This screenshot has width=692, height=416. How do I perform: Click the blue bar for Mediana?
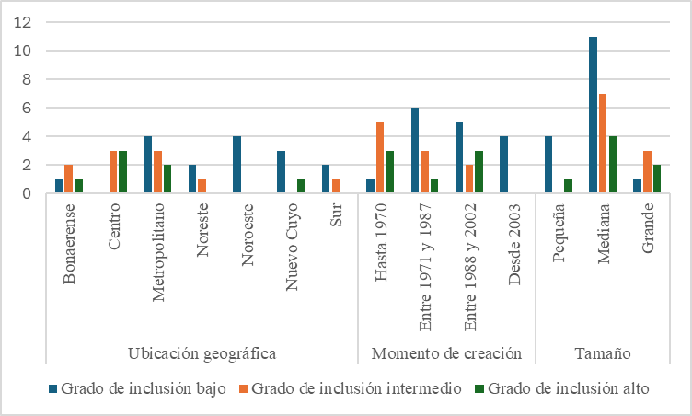(594, 115)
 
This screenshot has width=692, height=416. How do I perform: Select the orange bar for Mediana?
(603, 144)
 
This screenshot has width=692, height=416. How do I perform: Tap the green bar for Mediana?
(611, 165)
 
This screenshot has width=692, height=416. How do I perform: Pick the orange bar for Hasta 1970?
(379, 158)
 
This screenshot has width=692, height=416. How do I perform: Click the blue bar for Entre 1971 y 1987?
(415, 151)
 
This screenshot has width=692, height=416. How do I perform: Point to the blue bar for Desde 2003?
(504, 165)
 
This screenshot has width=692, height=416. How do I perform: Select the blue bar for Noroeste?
(236, 165)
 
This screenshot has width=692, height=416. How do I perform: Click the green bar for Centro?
(121, 172)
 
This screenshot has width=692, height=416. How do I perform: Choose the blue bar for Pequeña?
(548, 165)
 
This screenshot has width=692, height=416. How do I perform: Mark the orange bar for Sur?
(334, 187)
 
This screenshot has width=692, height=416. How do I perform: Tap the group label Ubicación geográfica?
(202, 353)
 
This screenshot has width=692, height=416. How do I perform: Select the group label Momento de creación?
(446, 353)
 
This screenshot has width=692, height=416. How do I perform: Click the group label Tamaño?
(603, 353)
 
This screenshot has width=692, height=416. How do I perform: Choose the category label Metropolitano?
(157, 249)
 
